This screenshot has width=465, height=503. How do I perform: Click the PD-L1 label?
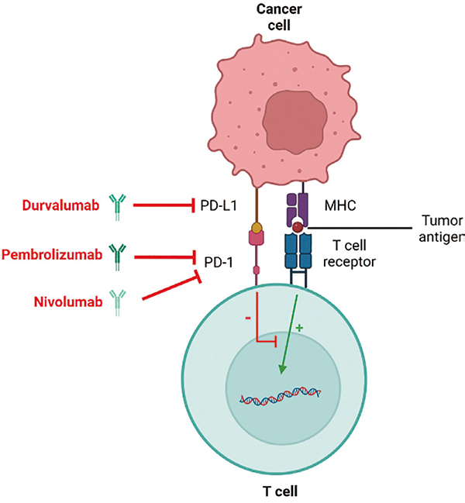coord(218,205)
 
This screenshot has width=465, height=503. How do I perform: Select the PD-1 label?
coord(218,262)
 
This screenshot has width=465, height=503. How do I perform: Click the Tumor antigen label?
coord(441,228)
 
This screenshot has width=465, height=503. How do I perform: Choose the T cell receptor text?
coord(346,253)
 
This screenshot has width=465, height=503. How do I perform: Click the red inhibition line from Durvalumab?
coord(164,205)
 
